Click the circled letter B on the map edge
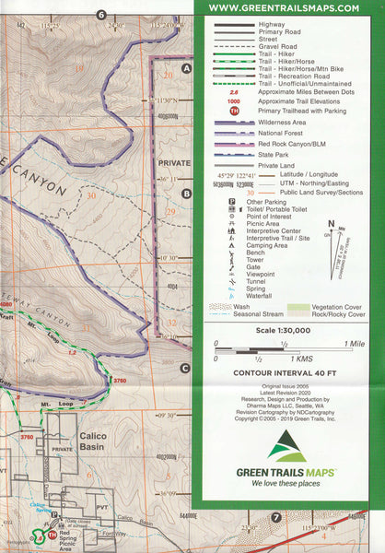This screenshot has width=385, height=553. [x=186, y=194]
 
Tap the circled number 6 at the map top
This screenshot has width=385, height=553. [x=101, y=14]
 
